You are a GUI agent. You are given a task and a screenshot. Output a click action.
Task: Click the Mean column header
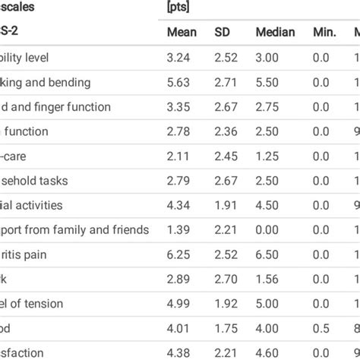pyautogui.click(x=182, y=33)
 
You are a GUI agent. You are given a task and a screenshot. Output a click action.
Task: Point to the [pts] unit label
pyautogui.click(x=178, y=8)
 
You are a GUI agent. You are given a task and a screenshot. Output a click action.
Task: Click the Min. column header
pyautogui.click(x=322, y=33)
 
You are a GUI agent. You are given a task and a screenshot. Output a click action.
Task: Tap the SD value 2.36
pyautogui.click(x=226, y=131)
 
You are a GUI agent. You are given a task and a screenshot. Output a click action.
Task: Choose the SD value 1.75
pyautogui.click(x=226, y=328)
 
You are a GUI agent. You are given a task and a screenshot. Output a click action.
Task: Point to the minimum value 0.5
pyautogui.click(x=320, y=328)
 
